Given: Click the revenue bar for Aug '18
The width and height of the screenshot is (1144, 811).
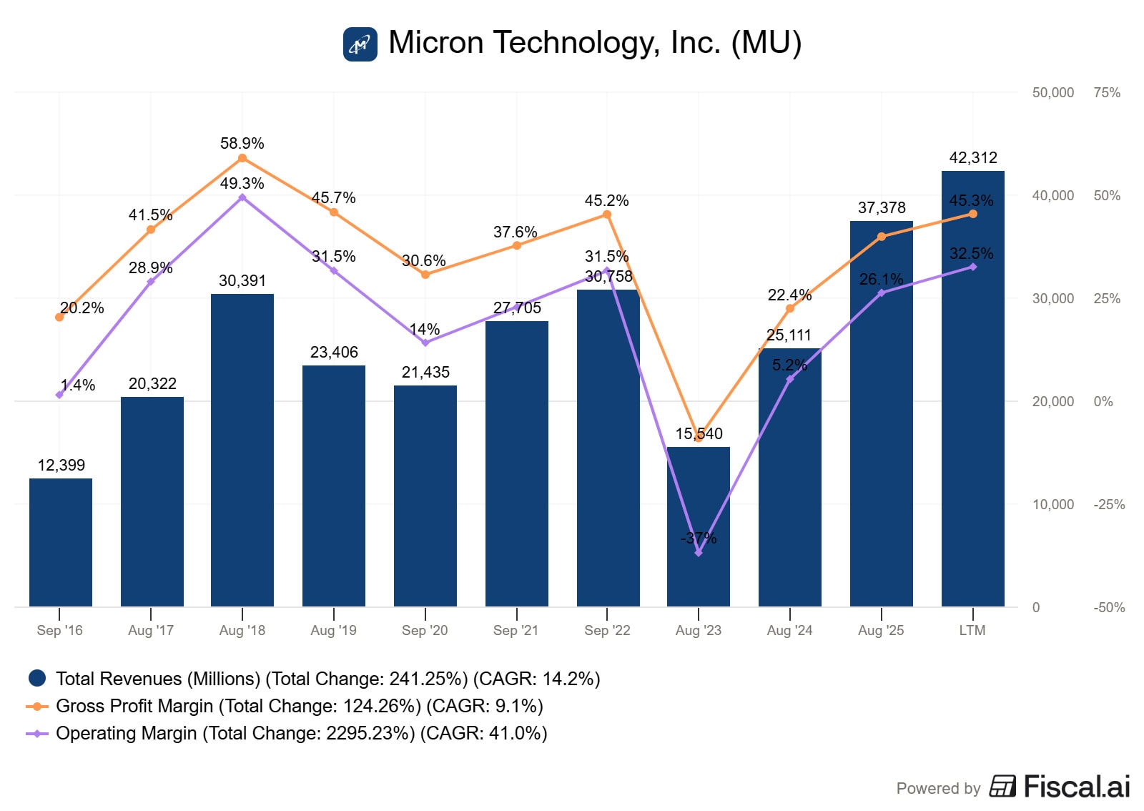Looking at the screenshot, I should click(242, 451).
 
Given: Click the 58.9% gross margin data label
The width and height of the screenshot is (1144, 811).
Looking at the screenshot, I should click(242, 143).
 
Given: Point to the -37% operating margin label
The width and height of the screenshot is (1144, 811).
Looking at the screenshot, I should click(699, 538).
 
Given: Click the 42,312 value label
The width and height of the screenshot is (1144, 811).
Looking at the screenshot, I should click(972, 157).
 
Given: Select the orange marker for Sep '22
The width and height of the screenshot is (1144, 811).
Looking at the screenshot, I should click(607, 215).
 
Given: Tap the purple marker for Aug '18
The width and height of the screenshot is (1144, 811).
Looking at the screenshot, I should click(242, 197).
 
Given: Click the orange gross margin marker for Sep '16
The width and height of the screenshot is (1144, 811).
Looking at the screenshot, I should click(59, 317).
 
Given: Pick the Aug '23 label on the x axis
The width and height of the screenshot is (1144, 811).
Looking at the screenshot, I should click(699, 630).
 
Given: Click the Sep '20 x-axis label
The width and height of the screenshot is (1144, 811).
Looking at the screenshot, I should click(425, 630).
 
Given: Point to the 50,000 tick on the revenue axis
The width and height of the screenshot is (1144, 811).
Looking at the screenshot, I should click(1052, 92).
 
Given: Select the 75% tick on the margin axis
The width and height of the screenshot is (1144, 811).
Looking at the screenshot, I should click(1107, 92).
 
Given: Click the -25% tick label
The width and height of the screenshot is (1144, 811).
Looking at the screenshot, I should click(1109, 504).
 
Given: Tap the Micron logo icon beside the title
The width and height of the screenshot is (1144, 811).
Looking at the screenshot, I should click(360, 44).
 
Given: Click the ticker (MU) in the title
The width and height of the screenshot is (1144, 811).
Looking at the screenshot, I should click(766, 43).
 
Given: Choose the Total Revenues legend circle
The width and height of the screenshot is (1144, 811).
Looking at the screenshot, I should click(37, 678).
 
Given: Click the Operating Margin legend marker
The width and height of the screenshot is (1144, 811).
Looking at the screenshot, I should click(37, 733).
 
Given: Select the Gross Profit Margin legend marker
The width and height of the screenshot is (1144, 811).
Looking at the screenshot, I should click(37, 706).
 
